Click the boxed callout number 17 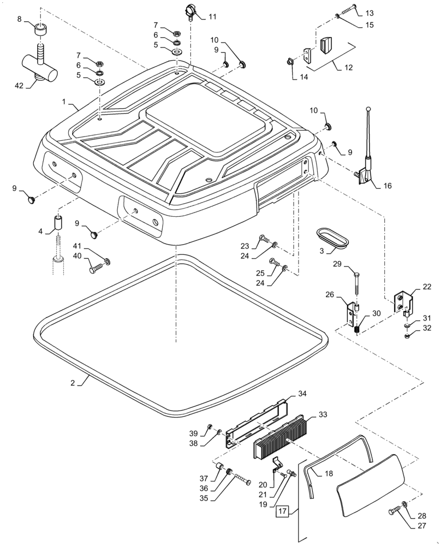(x=282, y=512)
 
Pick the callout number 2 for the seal (x=73, y=383)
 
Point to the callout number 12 (x=349, y=68)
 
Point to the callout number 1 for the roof (x=64, y=102)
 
